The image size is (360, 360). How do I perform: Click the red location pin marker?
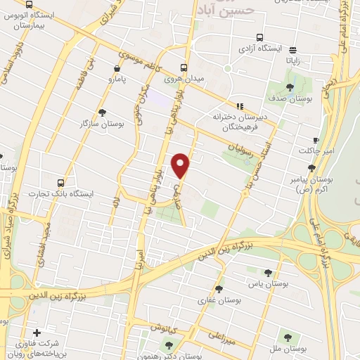tap(181, 165)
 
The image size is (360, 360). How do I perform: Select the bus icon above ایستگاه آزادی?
tap(260, 37)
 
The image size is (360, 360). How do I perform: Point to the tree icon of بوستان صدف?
tap(290, 88)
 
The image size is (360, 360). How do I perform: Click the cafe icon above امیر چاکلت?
tap(316, 139)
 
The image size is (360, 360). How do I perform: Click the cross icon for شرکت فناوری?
tap(37, 333)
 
